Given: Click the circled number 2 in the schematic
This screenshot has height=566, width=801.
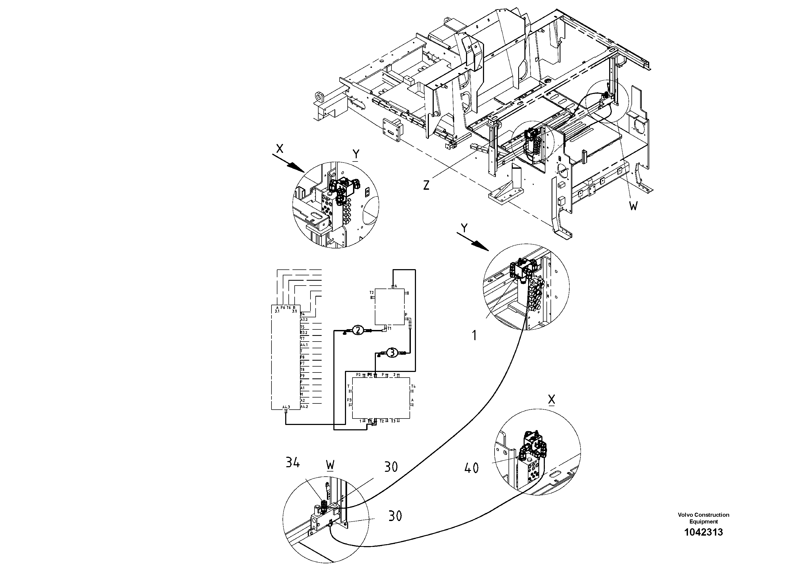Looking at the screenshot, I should click(x=358, y=330).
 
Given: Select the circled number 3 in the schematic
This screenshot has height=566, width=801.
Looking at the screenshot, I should click(x=392, y=353).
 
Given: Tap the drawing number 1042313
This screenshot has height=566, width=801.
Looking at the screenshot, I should click(x=703, y=532).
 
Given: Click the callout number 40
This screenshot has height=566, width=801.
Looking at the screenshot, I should click(x=471, y=467).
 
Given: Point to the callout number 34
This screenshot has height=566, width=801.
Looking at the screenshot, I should click(x=292, y=463).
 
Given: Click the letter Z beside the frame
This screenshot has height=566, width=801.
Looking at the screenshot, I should click(x=426, y=185).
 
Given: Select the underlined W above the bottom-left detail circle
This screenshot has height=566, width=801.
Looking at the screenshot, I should click(x=330, y=465).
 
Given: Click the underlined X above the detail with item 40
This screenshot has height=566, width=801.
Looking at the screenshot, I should click(x=551, y=400).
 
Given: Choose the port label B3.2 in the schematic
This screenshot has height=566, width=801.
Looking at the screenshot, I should click(x=304, y=333).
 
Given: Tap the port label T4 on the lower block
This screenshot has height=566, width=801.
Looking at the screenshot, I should click(x=413, y=386).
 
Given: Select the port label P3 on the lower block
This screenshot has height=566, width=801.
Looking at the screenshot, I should click(x=349, y=400).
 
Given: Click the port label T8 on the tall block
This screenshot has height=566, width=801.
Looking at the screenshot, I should click(x=302, y=370).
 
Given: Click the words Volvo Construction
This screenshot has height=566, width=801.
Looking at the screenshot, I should click(x=703, y=515).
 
